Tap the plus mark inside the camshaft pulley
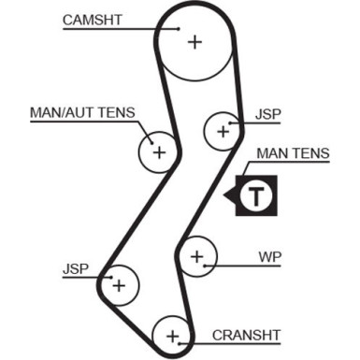coord(194,41)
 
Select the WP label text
coord(270,255)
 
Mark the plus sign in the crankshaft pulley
coord(172,334)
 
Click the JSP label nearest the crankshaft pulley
coord(76,269)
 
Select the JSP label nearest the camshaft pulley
coord(266,116)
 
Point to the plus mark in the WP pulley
coord(196,254)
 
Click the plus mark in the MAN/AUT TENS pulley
coord(158,151)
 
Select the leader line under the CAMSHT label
coord(122,29)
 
